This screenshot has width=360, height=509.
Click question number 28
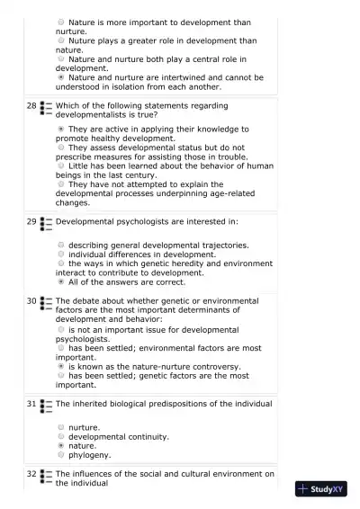(31, 106)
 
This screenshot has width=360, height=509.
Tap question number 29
(31, 221)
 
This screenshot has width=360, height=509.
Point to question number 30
(31, 301)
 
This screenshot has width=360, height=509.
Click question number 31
(31, 405)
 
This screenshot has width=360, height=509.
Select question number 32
(31, 473)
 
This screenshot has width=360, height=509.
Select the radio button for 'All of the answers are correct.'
(60, 281)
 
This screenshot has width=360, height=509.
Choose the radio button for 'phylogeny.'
(60, 455)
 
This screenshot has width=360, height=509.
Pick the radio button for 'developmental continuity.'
(60, 436)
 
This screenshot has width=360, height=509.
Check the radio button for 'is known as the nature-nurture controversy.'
(60, 366)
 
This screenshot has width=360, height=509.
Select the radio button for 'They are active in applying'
(60, 129)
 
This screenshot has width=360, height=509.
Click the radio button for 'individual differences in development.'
(60, 254)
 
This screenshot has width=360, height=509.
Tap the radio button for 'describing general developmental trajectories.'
(60, 245)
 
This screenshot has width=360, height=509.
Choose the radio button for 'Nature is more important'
(60, 21)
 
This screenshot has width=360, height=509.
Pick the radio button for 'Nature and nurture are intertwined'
(60, 77)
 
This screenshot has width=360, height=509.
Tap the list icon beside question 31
(46, 406)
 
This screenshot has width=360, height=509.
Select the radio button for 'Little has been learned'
(60, 165)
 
